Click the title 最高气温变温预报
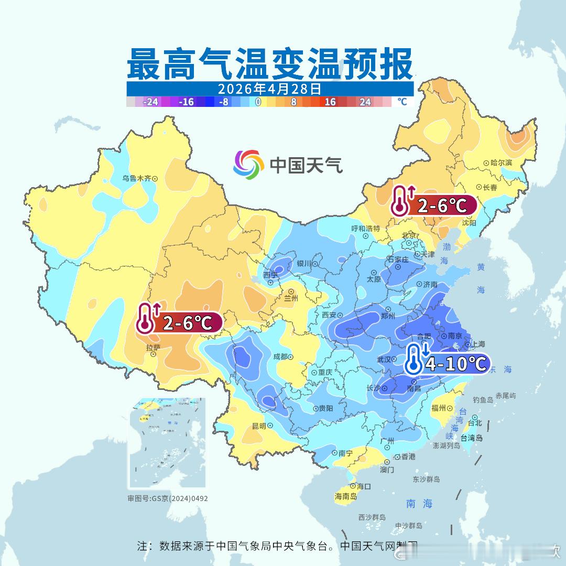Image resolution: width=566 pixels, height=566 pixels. (x=269, y=64)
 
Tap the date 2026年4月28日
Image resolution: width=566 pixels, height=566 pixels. (x=269, y=89)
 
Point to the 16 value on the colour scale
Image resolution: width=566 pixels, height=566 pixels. (x=330, y=102)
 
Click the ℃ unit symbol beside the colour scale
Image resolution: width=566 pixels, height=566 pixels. (x=401, y=102)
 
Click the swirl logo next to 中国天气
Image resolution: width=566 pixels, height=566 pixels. (x=248, y=164)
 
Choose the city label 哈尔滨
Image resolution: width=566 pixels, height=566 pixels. (x=500, y=163)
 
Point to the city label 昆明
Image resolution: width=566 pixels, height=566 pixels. (x=259, y=426)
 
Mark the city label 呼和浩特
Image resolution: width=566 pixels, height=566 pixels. (x=365, y=228)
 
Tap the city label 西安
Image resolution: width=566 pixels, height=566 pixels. (x=329, y=315)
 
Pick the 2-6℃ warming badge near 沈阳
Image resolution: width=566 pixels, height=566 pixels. (x=433, y=205)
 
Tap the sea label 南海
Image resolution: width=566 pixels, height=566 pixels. (x=419, y=504)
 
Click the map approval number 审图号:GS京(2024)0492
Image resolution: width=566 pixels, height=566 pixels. (x=168, y=498)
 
